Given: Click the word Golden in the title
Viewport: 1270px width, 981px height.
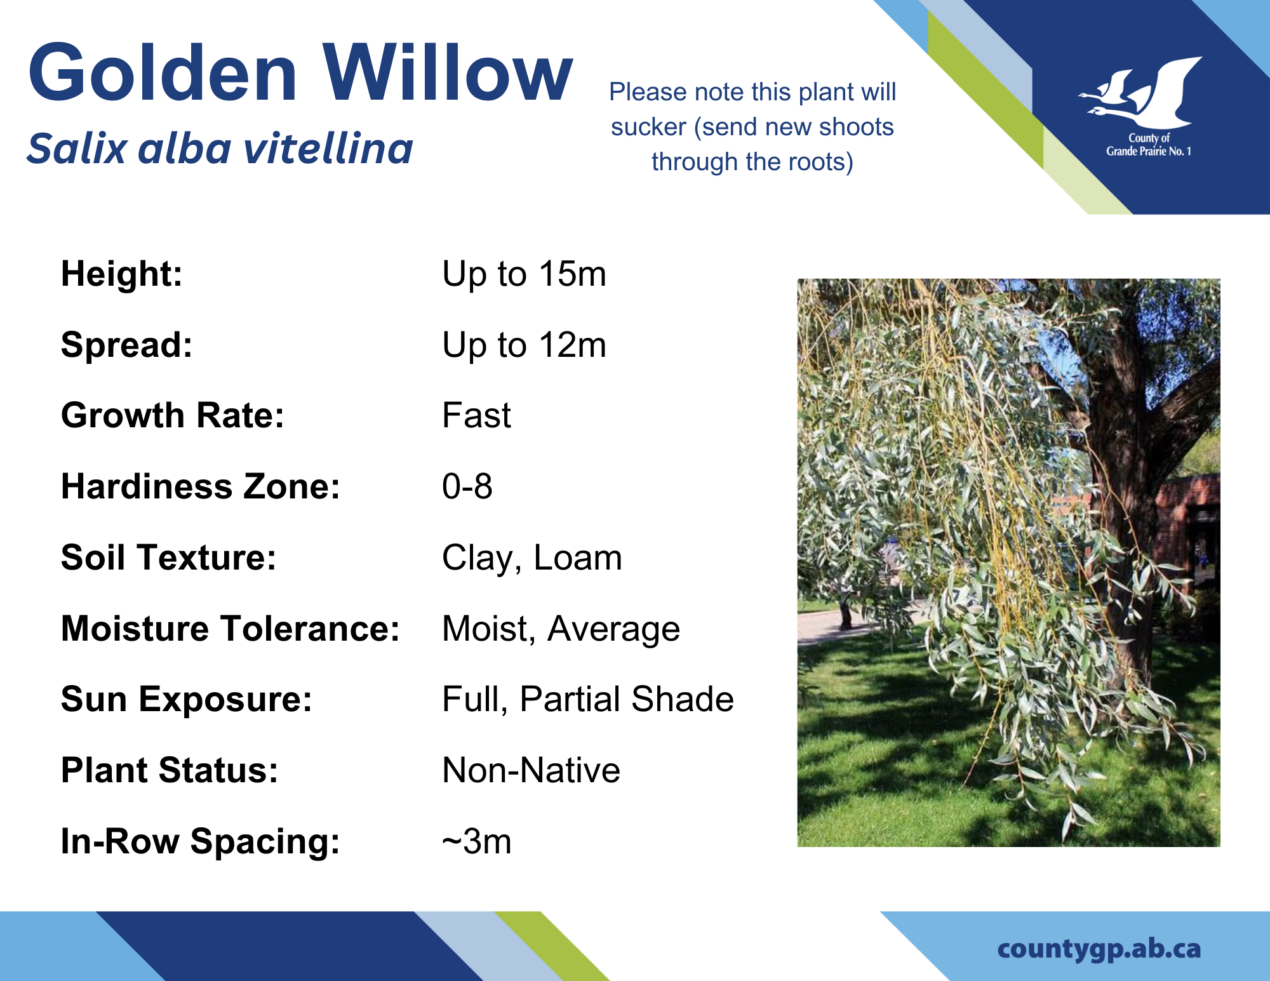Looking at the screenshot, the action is [x=163, y=72].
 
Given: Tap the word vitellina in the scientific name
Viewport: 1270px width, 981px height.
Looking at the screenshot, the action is [x=328, y=149].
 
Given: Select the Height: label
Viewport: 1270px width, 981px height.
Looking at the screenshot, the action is [x=122, y=274].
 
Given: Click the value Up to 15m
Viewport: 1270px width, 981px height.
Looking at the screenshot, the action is [x=524, y=274].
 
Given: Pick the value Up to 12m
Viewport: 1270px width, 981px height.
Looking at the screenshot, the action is [x=524, y=345].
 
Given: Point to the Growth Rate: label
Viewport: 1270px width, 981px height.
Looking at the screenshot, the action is [x=173, y=415].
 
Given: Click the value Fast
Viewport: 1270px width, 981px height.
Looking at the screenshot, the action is [x=476, y=415].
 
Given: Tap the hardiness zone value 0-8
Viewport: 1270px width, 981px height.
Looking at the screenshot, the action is [x=467, y=486].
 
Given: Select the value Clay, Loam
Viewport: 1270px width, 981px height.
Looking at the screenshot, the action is [x=532, y=558].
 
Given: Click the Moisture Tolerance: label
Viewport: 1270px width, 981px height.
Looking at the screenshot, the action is [x=231, y=629].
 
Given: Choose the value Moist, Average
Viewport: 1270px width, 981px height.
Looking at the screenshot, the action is [x=561, y=629].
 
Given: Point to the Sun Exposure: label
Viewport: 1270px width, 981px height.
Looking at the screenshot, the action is [x=187, y=700].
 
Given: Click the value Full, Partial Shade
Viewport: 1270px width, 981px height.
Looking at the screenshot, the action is [x=588, y=699].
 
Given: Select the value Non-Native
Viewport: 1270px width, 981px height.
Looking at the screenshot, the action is [x=531, y=770].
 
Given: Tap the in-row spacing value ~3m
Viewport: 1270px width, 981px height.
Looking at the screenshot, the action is [x=477, y=841].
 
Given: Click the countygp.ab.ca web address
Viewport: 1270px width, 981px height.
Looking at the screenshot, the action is [x=1099, y=949].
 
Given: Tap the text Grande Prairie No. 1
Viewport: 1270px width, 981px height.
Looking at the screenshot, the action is [x=1149, y=151].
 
